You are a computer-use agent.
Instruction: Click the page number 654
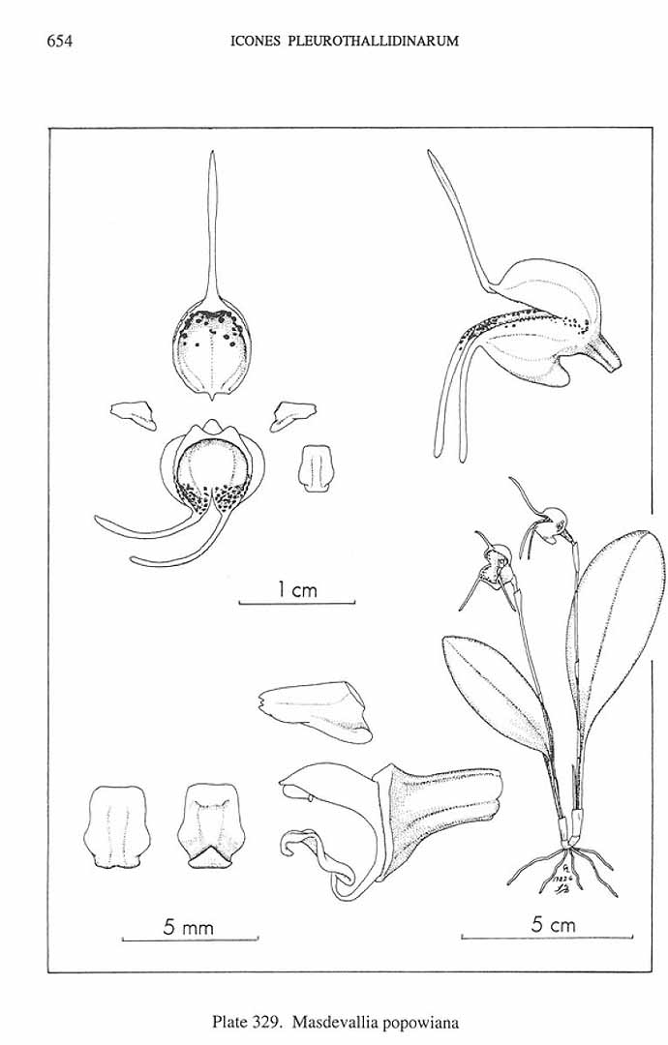point(59,42)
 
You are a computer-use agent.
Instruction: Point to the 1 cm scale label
point(297,589)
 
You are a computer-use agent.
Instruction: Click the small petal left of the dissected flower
point(134,413)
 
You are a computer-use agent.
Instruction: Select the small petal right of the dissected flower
point(292,414)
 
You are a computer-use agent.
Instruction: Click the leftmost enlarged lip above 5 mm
point(116,825)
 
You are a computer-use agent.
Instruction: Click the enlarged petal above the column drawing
point(315,710)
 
